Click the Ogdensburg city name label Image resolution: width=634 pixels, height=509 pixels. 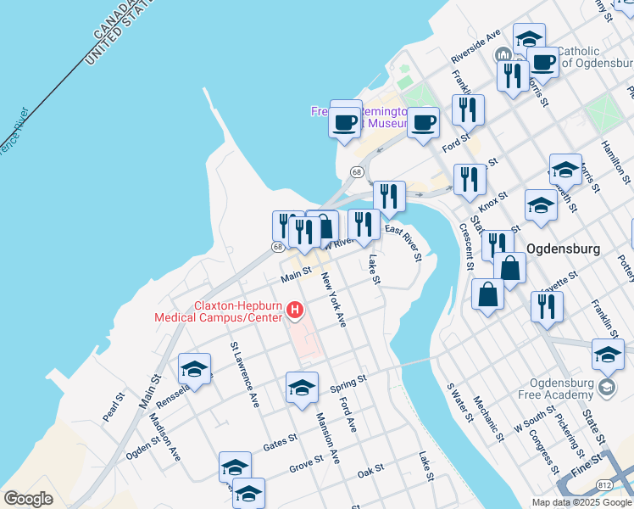click(x=564, y=249)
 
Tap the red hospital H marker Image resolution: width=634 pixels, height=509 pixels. click(x=295, y=311)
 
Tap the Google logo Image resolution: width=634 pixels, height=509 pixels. click(x=28, y=499)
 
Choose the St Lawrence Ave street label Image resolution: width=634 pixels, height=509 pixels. click(x=245, y=375)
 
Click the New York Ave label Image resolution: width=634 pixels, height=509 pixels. click(x=333, y=299)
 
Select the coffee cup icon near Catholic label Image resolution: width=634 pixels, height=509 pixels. click(x=542, y=61)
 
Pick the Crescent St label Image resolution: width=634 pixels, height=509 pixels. click(x=465, y=245)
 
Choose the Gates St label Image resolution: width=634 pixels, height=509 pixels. click(x=280, y=440)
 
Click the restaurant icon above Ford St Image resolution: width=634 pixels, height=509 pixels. click(x=468, y=109)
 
